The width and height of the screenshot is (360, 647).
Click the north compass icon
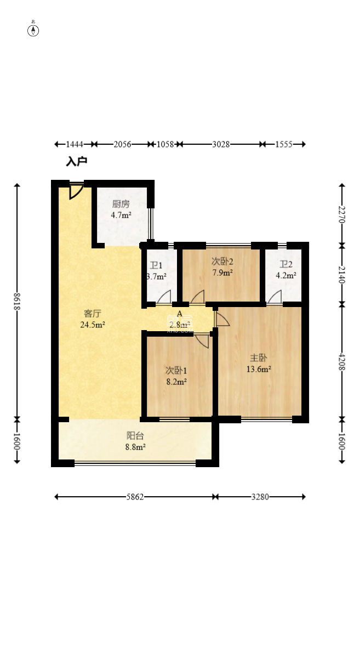[33, 30]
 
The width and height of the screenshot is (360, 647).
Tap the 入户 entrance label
[77, 162]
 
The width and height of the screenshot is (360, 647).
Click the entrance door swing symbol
[76, 191]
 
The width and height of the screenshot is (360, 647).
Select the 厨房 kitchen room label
[121, 204]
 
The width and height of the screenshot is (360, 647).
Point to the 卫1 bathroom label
[156, 266]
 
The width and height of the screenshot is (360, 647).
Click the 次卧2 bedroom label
[222, 261]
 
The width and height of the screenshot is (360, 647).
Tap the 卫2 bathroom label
[287, 264]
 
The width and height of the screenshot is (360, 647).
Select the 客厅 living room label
[92, 314]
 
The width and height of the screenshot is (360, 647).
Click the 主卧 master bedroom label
[259, 358]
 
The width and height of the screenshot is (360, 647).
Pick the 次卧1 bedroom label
[176, 370]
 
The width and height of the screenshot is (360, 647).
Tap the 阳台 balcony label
[135, 436]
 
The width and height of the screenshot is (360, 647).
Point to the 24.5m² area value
[92, 324]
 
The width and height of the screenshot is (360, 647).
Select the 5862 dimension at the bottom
[135, 497]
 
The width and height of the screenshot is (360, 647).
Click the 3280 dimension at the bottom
[260, 497]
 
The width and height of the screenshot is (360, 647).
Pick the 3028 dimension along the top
[221, 144]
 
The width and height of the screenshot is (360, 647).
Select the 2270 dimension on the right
[342, 214]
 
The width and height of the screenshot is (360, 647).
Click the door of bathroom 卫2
[275, 297]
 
